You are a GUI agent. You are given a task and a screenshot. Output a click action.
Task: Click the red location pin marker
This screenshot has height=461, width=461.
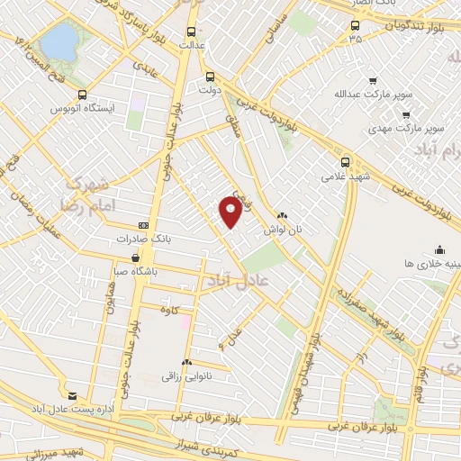(x=231, y=211)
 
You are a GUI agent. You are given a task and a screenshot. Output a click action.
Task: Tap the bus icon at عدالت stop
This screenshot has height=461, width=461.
(x=191, y=28)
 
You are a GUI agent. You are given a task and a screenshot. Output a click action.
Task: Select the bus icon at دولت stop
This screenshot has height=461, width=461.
(x=210, y=77)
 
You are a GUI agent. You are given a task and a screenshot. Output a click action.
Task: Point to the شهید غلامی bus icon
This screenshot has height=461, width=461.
(x=347, y=162)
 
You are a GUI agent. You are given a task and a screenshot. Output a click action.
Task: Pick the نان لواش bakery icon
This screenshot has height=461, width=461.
(x=283, y=216)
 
